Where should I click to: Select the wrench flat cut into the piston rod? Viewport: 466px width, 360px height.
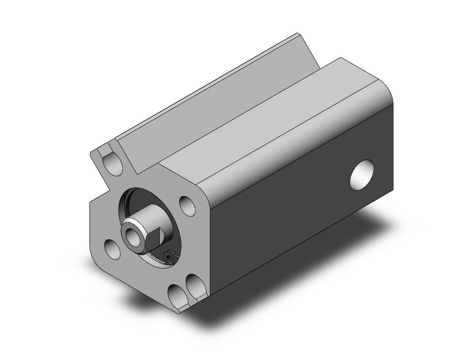156,234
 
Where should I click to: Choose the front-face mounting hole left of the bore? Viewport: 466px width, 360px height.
112,248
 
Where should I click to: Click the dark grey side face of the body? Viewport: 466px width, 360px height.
294,202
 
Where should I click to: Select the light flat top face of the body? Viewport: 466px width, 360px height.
270,123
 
